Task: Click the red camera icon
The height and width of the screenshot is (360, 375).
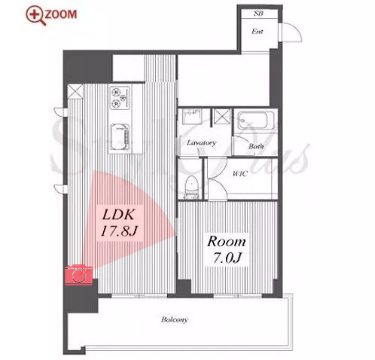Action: pyautogui.click(x=79, y=275)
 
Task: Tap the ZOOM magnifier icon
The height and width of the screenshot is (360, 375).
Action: pyautogui.click(x=35, y=15)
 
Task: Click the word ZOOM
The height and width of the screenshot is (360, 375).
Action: pyautogui.click(x=61, y=14)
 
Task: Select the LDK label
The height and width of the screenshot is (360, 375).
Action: pyautogui.click(x=119, y=215)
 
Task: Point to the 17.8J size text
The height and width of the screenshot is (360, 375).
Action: pyautogui.click(x=119, y=231)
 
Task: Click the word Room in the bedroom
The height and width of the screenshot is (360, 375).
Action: pyautogui.click(x=227, y=242)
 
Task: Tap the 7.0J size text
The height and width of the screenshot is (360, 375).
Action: pyautogui.click(x=227, y=258)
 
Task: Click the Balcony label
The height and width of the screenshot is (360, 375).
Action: pyautogui.click(x=175, y=319)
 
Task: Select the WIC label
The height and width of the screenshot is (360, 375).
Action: pyautogui.click(x=240, y=173)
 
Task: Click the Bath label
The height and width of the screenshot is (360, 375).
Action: pyautogui.click(x=256, y=146)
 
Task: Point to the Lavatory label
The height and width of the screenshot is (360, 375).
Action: pyautogui.click(x=201, y=143)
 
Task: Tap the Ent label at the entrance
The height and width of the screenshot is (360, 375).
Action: pyautogui.click(x=258, y=32)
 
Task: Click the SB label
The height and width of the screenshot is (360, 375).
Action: pyautogui.click(x=258, y=14)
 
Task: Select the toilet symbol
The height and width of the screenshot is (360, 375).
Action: pyautogui.click(x=192, y=187)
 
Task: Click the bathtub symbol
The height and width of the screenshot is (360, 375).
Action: pyautogui.click(x=256, y=120)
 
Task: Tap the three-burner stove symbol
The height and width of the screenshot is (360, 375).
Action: pyautogui.click(x=120, y=98)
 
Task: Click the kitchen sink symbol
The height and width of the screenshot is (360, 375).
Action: pyautogui.click(x=120, y=137)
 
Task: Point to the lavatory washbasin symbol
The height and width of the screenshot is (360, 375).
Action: pyautogui.click(x=192, y=116)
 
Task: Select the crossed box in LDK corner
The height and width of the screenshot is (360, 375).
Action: pyautogui.click(x=75, y=90)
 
